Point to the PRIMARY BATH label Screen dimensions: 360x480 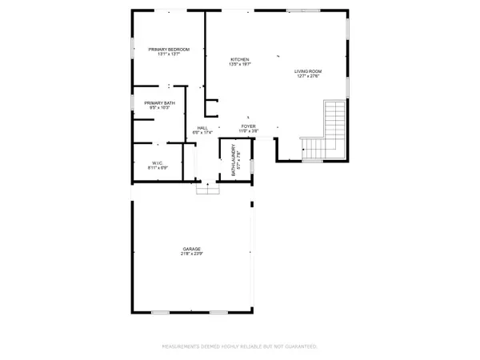tap(160, 102)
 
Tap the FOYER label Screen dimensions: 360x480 tap(248, 126)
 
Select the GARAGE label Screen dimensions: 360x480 tap(190, 249)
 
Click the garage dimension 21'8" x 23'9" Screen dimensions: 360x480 tap(190, 254)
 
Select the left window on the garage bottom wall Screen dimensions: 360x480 tap(160, 311)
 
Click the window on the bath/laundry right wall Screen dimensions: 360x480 tap(251, 166)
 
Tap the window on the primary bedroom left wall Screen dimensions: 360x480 tap(132, 48)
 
